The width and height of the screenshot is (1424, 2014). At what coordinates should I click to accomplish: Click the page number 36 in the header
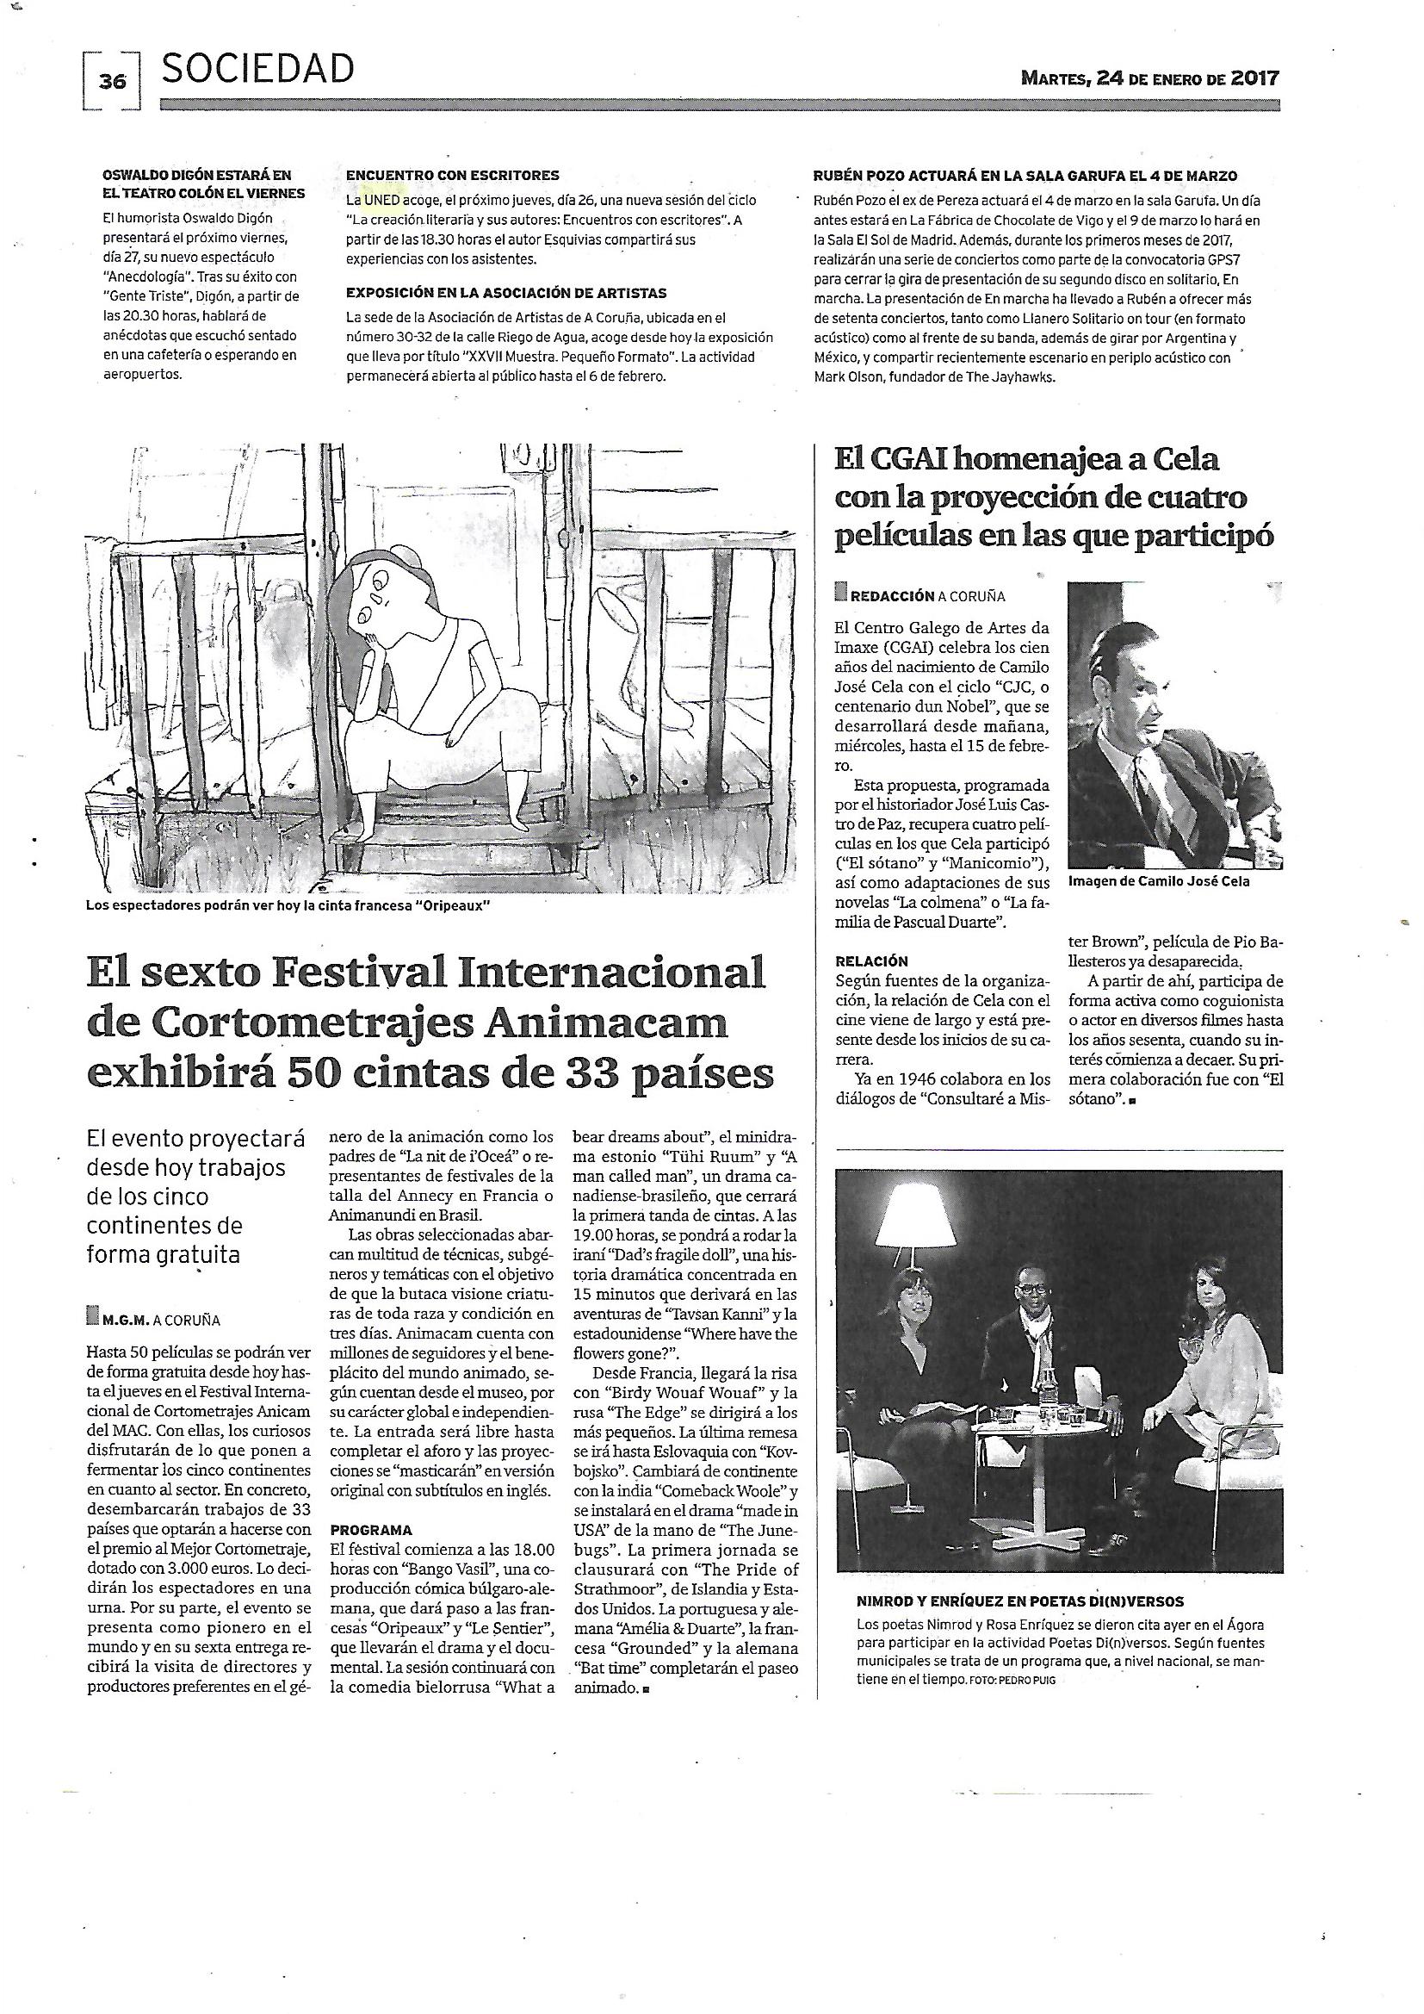113,82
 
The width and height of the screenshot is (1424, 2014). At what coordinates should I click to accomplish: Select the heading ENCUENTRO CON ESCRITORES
453,176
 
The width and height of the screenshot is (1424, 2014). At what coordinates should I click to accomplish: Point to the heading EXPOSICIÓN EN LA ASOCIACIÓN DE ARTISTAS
506,293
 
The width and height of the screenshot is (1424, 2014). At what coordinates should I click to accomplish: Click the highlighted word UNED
382,200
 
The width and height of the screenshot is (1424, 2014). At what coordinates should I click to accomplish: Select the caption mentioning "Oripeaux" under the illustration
287,905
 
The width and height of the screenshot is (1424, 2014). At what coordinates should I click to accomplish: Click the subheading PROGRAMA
371,1531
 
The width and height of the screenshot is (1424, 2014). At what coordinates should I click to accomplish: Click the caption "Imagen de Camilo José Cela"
1159,880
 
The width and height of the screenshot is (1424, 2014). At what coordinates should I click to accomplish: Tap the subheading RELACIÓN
871,960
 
